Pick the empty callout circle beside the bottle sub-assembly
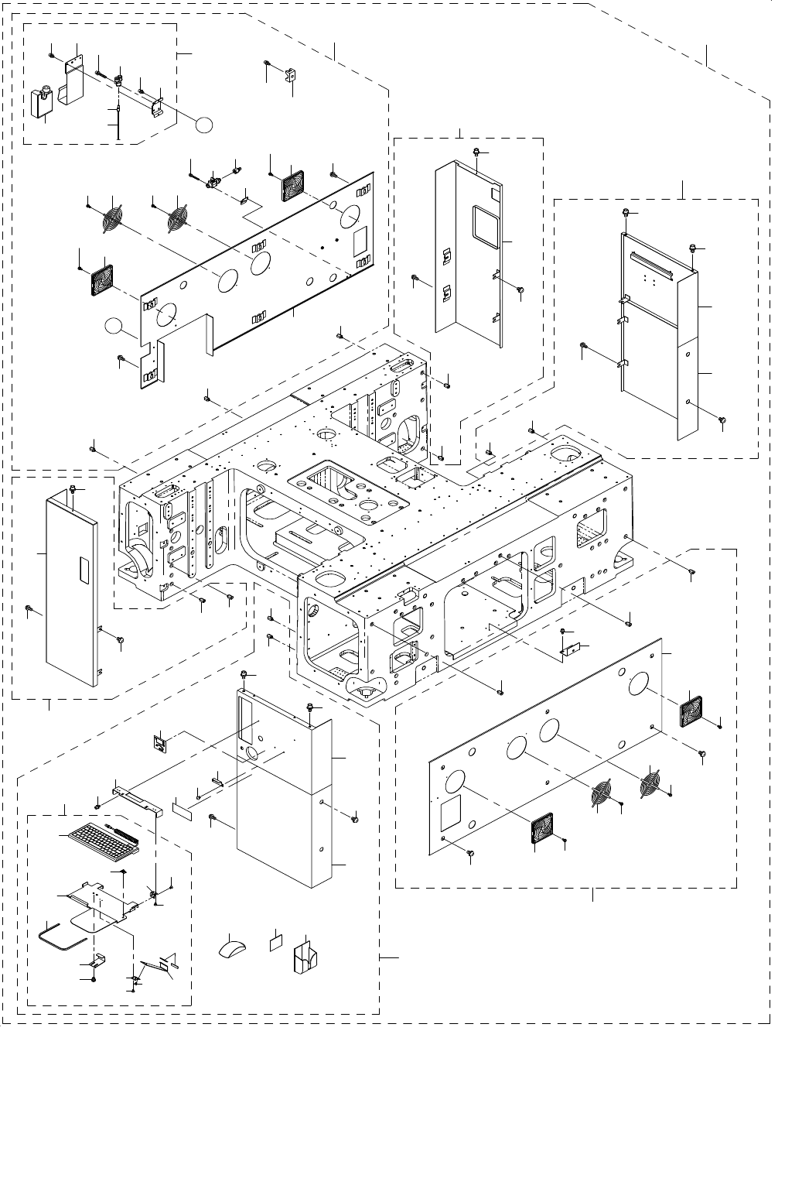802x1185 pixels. (203, 123)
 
